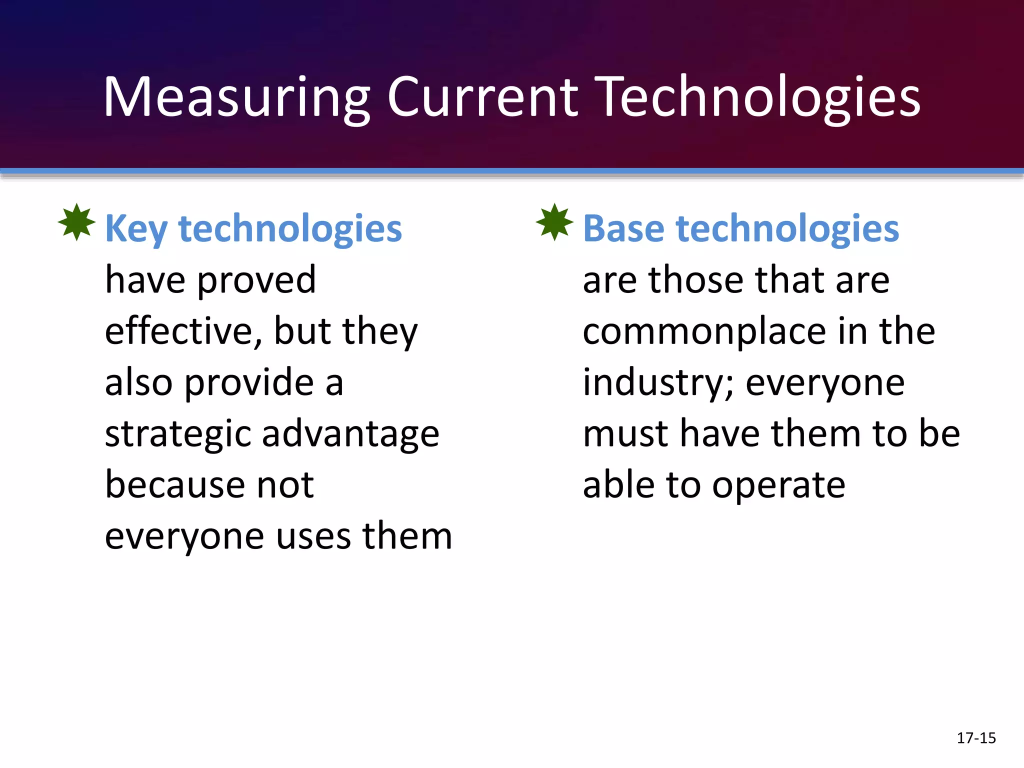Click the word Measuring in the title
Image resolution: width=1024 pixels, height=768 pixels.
pos(236,97)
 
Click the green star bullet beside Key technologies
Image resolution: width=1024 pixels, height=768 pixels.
pos(76,222)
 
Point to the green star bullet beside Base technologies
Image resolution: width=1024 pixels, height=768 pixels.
pos(554,222)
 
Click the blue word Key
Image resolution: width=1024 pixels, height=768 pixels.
pos(136,229)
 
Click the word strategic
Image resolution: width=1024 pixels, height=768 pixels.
pos(177,434)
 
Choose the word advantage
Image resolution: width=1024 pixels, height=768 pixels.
pos(350,434)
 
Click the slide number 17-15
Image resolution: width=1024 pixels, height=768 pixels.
pos(976,738)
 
